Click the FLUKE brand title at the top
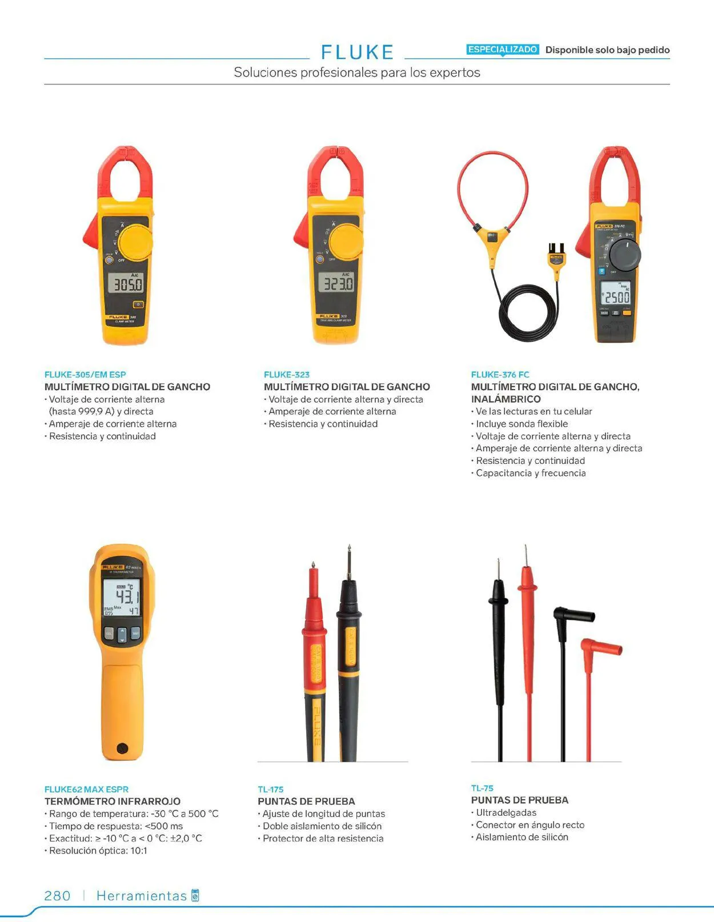tap(357, 52)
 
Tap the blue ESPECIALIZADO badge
tap(503, 50)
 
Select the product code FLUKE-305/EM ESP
tap(85, 375)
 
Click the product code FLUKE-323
tap(287, 375)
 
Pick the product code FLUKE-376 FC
tap(500, 375)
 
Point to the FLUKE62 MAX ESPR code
tap(87, 789)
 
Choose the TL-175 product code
tap(271, 789)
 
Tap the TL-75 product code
tap(482, 788)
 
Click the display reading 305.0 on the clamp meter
tap(126, 283)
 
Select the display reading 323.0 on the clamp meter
tap(336, 283)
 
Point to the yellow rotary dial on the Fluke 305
tap(136, 242)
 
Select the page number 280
tap(57, 896)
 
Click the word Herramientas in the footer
tap(142, 896)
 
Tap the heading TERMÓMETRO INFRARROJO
tap(113, 801)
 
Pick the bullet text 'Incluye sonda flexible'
tap(522, 424)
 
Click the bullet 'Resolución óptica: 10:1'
tap(98, 850)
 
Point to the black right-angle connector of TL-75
tap(573, 615)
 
